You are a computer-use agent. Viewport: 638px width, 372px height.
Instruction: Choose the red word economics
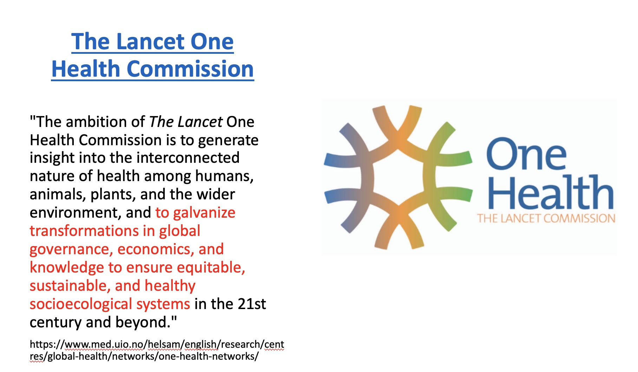coord(155,249)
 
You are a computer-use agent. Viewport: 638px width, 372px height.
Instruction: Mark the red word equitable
coord(211,268)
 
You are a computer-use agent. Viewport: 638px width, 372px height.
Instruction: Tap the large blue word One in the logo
coord(527,154)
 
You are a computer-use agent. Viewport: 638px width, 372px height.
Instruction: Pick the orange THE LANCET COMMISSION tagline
coord(546,218)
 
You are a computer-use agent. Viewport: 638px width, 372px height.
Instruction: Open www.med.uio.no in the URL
coord(104,344)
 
